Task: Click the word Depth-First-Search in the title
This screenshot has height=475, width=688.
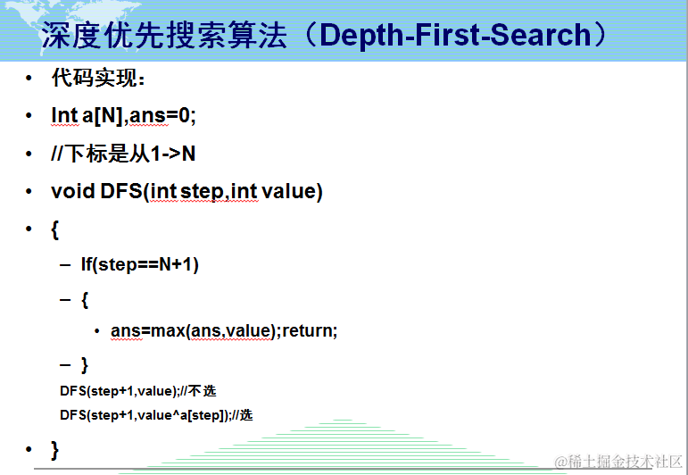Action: [455, 35]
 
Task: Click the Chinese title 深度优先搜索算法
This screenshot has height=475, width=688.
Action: [164, 35]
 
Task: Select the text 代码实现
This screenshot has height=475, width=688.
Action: [95, 79]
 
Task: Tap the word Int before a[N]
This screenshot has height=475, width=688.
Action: [64, 115]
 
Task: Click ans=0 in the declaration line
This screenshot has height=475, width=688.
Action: [160, 115]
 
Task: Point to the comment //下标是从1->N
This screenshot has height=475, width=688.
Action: [123, 154]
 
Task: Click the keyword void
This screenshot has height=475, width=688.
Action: [73, 191]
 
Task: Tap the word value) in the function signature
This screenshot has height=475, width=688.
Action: [292, 191]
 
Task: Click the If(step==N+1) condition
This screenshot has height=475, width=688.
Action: [140, 264]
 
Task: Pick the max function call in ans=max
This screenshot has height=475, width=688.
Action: [168, 330]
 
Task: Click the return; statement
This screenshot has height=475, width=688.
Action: [310, 330]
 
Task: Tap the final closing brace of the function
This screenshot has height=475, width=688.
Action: [54, 450]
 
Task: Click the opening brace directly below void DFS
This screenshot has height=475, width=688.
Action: [54, 229]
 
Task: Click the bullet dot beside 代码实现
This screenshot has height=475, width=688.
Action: [29, 79]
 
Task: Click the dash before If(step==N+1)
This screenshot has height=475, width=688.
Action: [65, 264]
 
